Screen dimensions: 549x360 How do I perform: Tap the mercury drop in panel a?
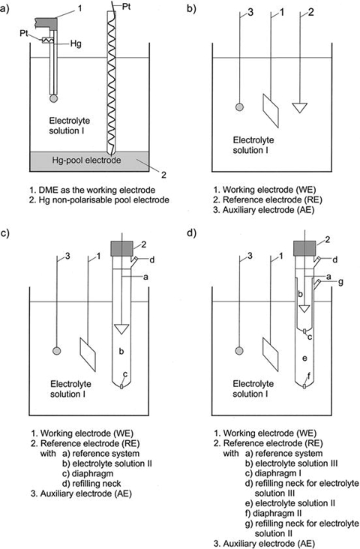tap(53, 99)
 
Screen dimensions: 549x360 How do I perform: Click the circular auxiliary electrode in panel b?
tap(240, 107)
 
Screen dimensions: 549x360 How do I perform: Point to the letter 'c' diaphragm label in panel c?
tap(124, 375)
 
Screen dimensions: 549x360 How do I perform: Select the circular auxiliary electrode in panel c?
tap(56, 351)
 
